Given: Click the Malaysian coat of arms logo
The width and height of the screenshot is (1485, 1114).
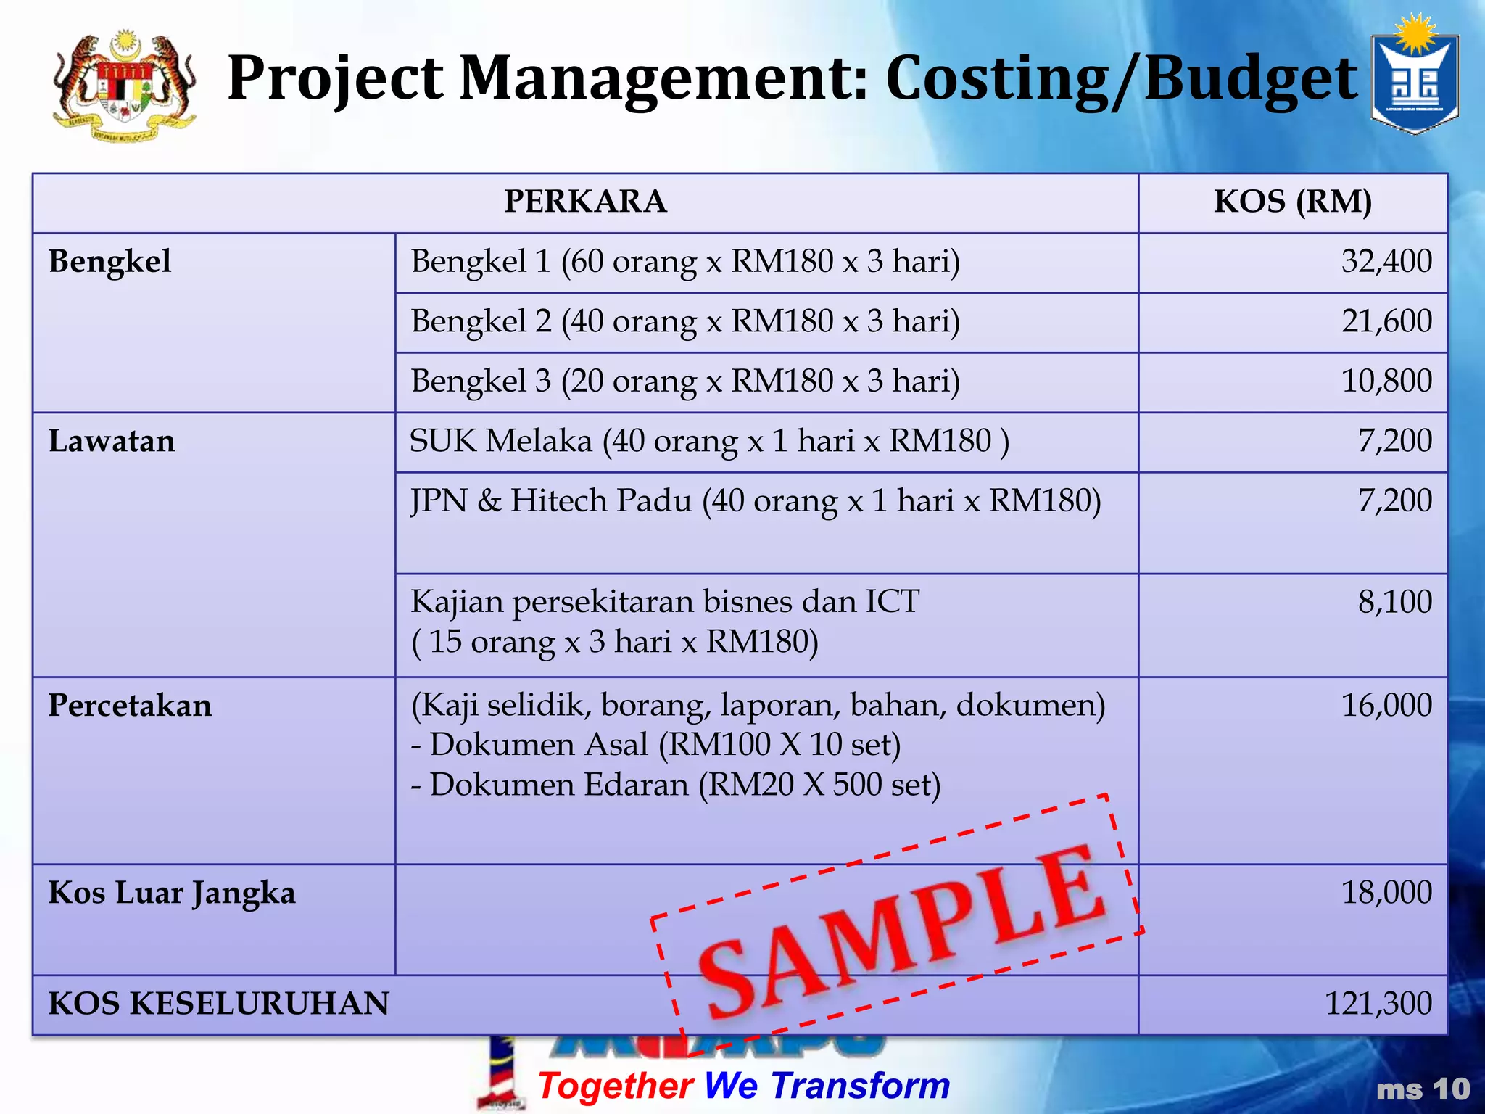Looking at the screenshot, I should click(x=124, y=86).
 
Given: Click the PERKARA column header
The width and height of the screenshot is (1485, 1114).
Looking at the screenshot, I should click(x=585, y=202).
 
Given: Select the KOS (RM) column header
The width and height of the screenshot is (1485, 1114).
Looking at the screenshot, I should click(x=1293, y=202).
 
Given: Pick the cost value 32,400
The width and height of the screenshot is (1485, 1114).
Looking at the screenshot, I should click(x=1386, y=261).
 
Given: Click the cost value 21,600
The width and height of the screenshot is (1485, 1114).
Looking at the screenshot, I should click(x=1386, y=321).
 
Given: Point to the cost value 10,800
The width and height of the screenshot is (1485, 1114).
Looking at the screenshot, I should click(x=1386, y=381).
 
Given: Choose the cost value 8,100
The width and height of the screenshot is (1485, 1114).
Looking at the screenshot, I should click(x=1394, y=602).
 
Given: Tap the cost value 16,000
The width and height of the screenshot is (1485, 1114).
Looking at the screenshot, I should click(x=1386, y=706).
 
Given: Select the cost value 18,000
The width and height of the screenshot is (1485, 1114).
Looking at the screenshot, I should click(x=1386, y=893).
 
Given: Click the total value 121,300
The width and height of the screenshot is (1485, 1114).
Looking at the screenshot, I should click(x=1378, y=1004).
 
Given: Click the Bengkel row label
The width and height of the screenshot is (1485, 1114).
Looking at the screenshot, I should click(x=110, y=262).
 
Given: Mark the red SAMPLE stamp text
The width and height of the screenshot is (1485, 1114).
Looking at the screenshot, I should click(x=899, y=932).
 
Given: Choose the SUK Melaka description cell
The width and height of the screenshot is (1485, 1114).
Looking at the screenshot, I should click(x=709, y=442).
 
